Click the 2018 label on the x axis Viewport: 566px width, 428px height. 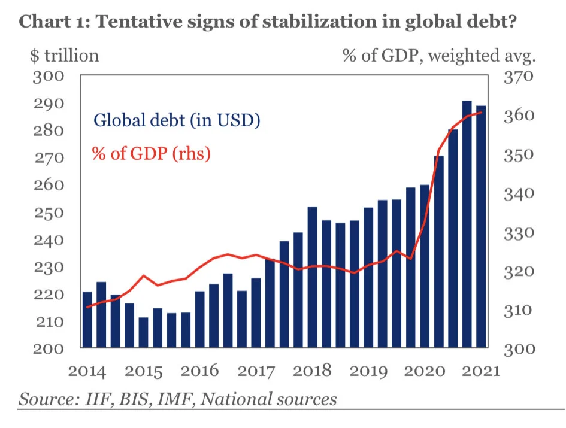tap(313, 371)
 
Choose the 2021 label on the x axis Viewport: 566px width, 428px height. tap(480, 371)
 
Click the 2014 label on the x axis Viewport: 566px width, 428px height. tap(87, 371)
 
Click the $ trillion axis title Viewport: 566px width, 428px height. tap(64, 56)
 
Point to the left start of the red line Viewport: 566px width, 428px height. tap(87, 307)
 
